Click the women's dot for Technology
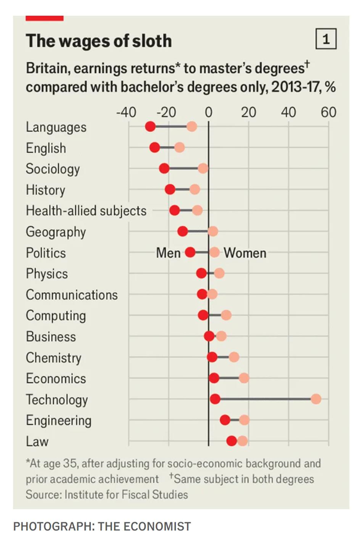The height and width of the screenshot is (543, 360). click(x=316, y=399)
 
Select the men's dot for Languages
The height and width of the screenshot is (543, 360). click(x=150, y=127)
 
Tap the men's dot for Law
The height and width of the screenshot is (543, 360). click(x=231, y=441)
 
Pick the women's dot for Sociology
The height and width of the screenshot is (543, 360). click(x=203, y=169)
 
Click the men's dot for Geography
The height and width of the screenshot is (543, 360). click(x=183, y=231)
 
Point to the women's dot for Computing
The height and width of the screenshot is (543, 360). click(x=226, y=315)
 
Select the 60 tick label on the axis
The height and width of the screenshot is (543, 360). click(x=329, y=112)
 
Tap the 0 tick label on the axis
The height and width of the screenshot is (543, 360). click(x=208, y=112)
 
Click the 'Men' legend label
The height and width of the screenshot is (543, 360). click(x=168, y=253)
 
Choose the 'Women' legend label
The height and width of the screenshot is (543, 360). click(x=245, y=253)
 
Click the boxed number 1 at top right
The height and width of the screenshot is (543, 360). click(x=326, y=40)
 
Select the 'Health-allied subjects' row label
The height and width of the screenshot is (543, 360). click(x=86, y=211)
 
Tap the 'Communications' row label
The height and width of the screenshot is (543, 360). click(x=71, y=295)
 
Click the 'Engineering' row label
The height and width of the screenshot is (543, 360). click(x=58, y=420)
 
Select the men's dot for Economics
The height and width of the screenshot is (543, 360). click(x=214, y=378)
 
